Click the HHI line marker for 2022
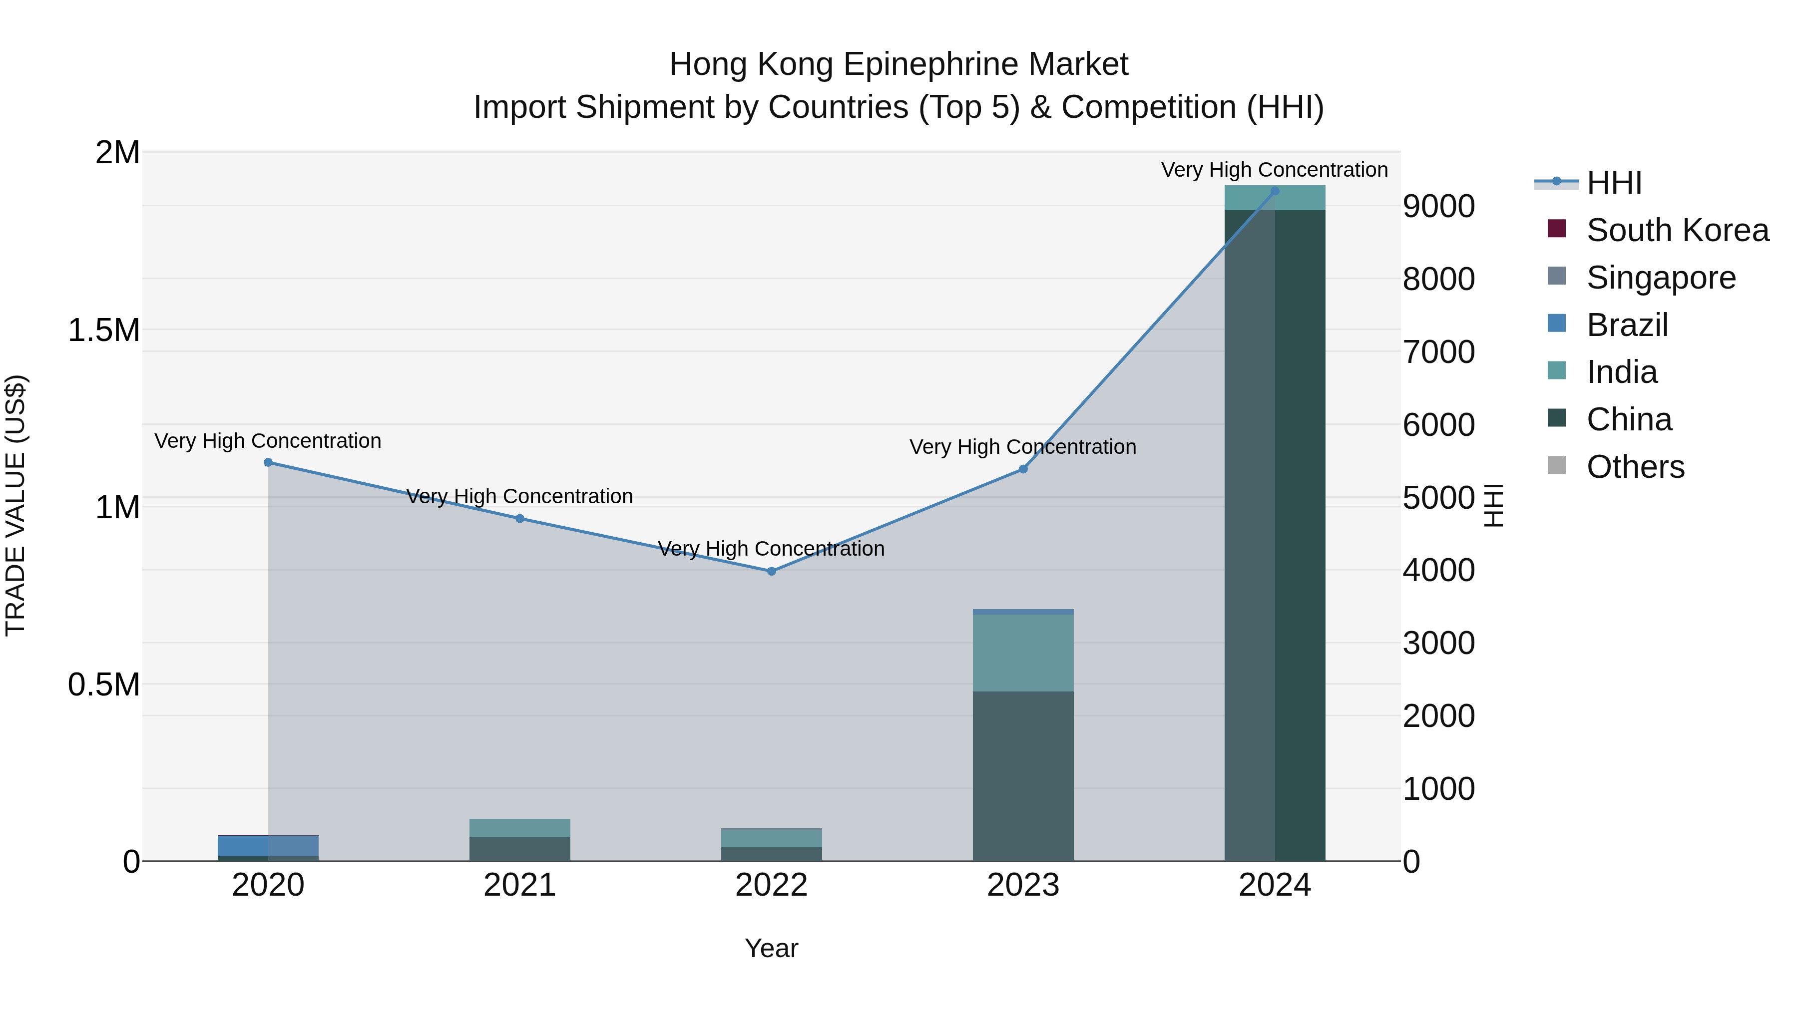(771, 571)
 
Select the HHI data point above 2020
(268, 462)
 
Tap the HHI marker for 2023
(1023, 469)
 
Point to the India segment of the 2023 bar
(1023, 653)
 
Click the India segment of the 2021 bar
(520, 827)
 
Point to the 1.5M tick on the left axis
(104, 330)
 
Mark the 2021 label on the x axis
(520, 885)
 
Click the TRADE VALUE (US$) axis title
(15, 505)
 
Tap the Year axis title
(771, 948)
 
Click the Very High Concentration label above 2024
(1275, 170)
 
